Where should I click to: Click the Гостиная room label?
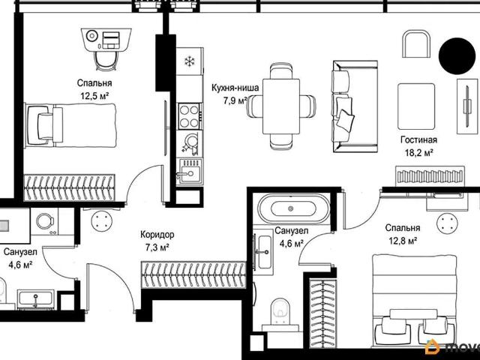(x=418, y=140)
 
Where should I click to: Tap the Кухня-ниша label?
(x=235, y=88)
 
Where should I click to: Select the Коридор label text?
(x=157, y=235)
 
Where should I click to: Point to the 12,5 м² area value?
(x=94, y=96)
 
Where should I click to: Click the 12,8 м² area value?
(x=403, y=241)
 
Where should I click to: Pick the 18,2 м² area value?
(x=418, y=152)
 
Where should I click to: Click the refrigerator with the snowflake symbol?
(x=190, y=61)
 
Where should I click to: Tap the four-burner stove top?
(x=190, y=116)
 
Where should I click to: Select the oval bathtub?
(x=293, y=209)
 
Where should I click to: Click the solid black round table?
(x=457, y=56)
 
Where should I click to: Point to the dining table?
(x=281, y=106)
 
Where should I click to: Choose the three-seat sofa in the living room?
(x=355, y=106)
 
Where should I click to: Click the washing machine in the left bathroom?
(x=45, y=222)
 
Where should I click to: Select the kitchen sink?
(x=190, y=172)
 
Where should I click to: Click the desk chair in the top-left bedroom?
(x=106, y=61)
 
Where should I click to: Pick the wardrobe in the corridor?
(x=193, y=274)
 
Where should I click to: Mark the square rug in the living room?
(x=416, y=106)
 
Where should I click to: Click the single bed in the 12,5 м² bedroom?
(x=70, y=125)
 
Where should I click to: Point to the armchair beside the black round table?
(x=417, y=43)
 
